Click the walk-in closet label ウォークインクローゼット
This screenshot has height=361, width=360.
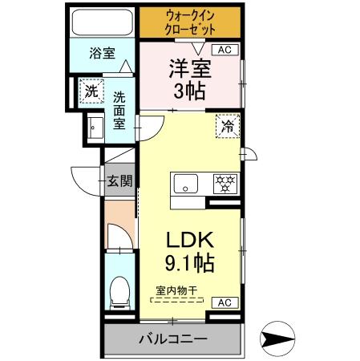[x=190, y=22]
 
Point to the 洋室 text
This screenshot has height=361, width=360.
[x=189, y=68]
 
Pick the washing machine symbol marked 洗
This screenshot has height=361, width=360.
[x=92, y=91]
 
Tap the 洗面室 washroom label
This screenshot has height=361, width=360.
[x=119, y=111]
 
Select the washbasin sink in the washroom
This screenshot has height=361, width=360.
[x=95, y=127]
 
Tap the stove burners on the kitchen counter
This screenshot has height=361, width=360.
[x=225, y=184]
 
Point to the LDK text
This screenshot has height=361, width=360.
[x=191, y=241]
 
